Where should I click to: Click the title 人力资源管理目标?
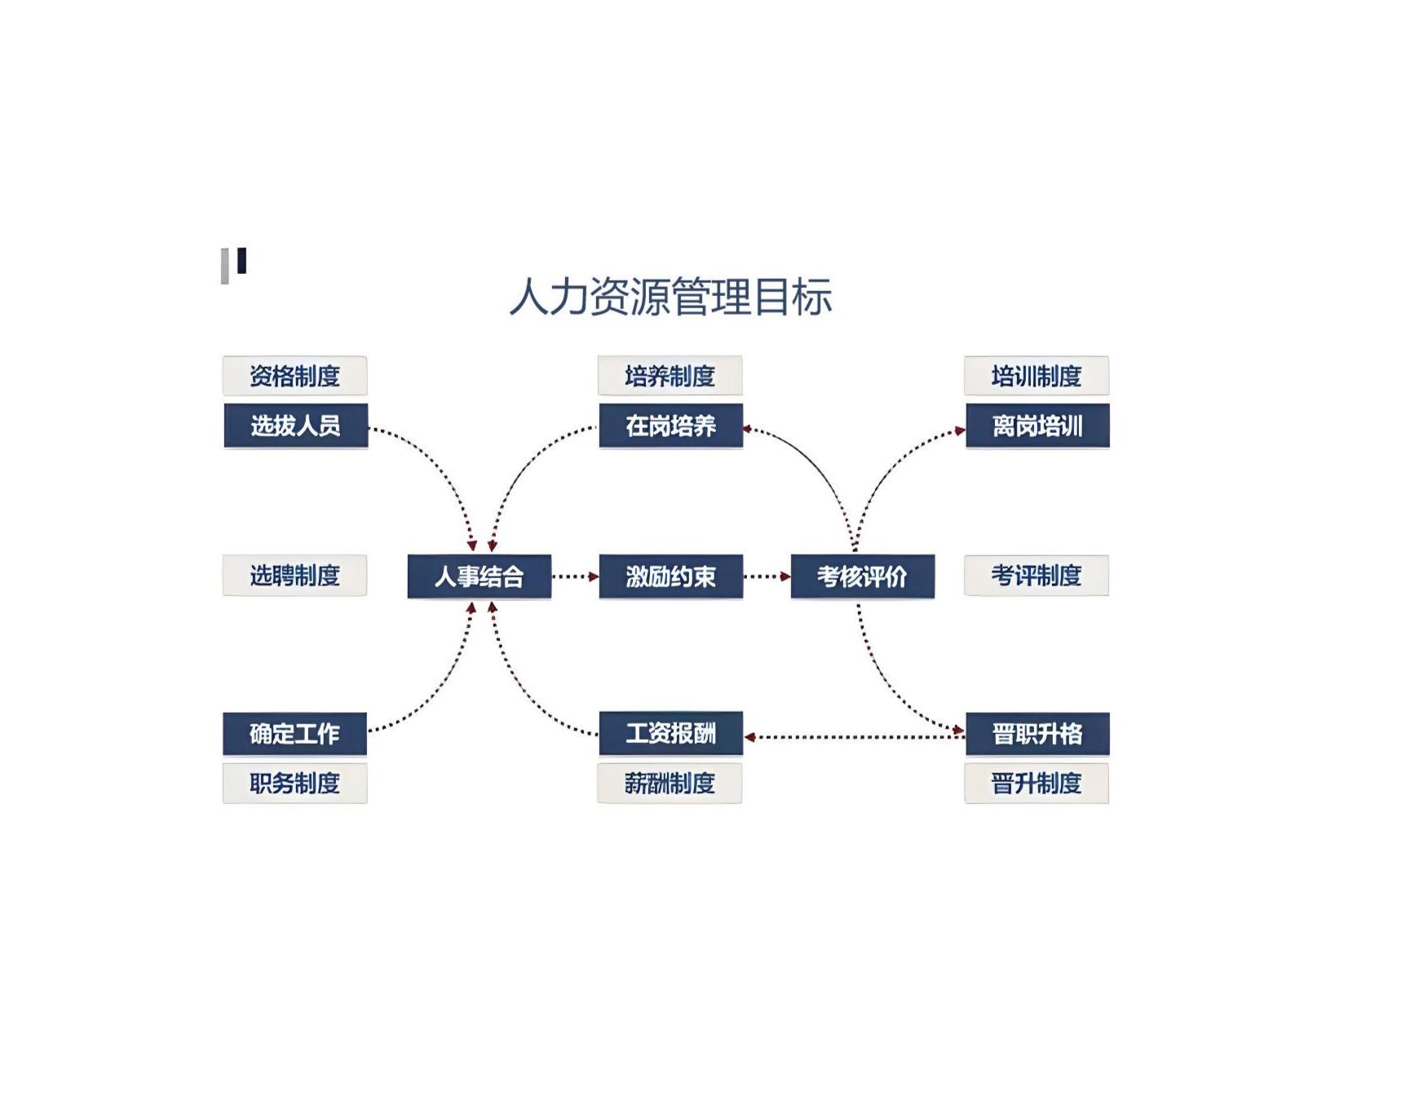click(670, 296)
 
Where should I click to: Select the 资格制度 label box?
click(294, 376)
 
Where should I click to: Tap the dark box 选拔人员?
click(295, 426)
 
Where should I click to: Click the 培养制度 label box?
click(670, 376)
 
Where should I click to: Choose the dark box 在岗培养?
click(670, 426)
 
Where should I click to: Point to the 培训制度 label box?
click(1037, 376)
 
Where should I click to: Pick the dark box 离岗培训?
click(1037, 426)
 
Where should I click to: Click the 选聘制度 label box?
click(294, 576)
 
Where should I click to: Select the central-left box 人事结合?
click(480, 577)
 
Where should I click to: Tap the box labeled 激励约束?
click(670, 577)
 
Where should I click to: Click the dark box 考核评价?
click(863, 577)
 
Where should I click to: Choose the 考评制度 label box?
click(1037, 576)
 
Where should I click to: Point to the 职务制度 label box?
click(294, 784)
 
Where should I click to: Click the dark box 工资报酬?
click(670, 733)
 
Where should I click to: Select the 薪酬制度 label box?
click(670, 784)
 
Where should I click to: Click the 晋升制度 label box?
click(1037, 784)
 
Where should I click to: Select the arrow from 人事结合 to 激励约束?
click(575, 577)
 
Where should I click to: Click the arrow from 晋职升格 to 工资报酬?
click(855, 737)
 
